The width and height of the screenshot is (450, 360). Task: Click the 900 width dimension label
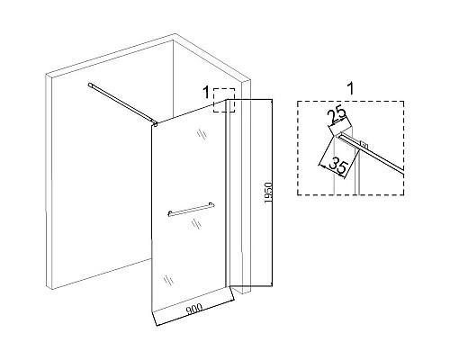coord(194,310)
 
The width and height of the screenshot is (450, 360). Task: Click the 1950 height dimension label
coord(268,193)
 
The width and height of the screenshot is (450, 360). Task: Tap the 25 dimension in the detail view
coord(337,116)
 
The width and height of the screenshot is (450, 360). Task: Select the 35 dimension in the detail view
coord(338,167)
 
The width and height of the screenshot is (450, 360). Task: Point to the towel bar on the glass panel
coord(191,209)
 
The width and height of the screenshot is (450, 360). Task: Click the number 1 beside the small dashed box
coord(206,92)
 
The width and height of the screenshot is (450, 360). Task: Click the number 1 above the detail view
coord(350,88)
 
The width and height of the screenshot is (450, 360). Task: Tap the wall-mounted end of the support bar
coord(90,85)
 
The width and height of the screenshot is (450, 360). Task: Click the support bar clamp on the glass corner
coord(155,123)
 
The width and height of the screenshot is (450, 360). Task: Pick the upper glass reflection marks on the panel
coord(202,134)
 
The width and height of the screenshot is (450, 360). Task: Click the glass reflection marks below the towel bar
coord(196,223)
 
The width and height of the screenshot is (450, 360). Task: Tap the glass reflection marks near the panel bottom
coord(168,280)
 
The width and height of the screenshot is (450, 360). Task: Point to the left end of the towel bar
coord(169,214)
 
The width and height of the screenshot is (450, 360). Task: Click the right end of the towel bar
coord(212,204)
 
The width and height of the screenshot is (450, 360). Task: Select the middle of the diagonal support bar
coord(122,103)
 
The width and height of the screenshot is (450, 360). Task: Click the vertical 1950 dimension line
coord(272,193)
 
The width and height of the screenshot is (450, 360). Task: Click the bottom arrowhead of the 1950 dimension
coord(272,283)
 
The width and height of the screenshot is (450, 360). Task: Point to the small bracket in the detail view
coord(364,145)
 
